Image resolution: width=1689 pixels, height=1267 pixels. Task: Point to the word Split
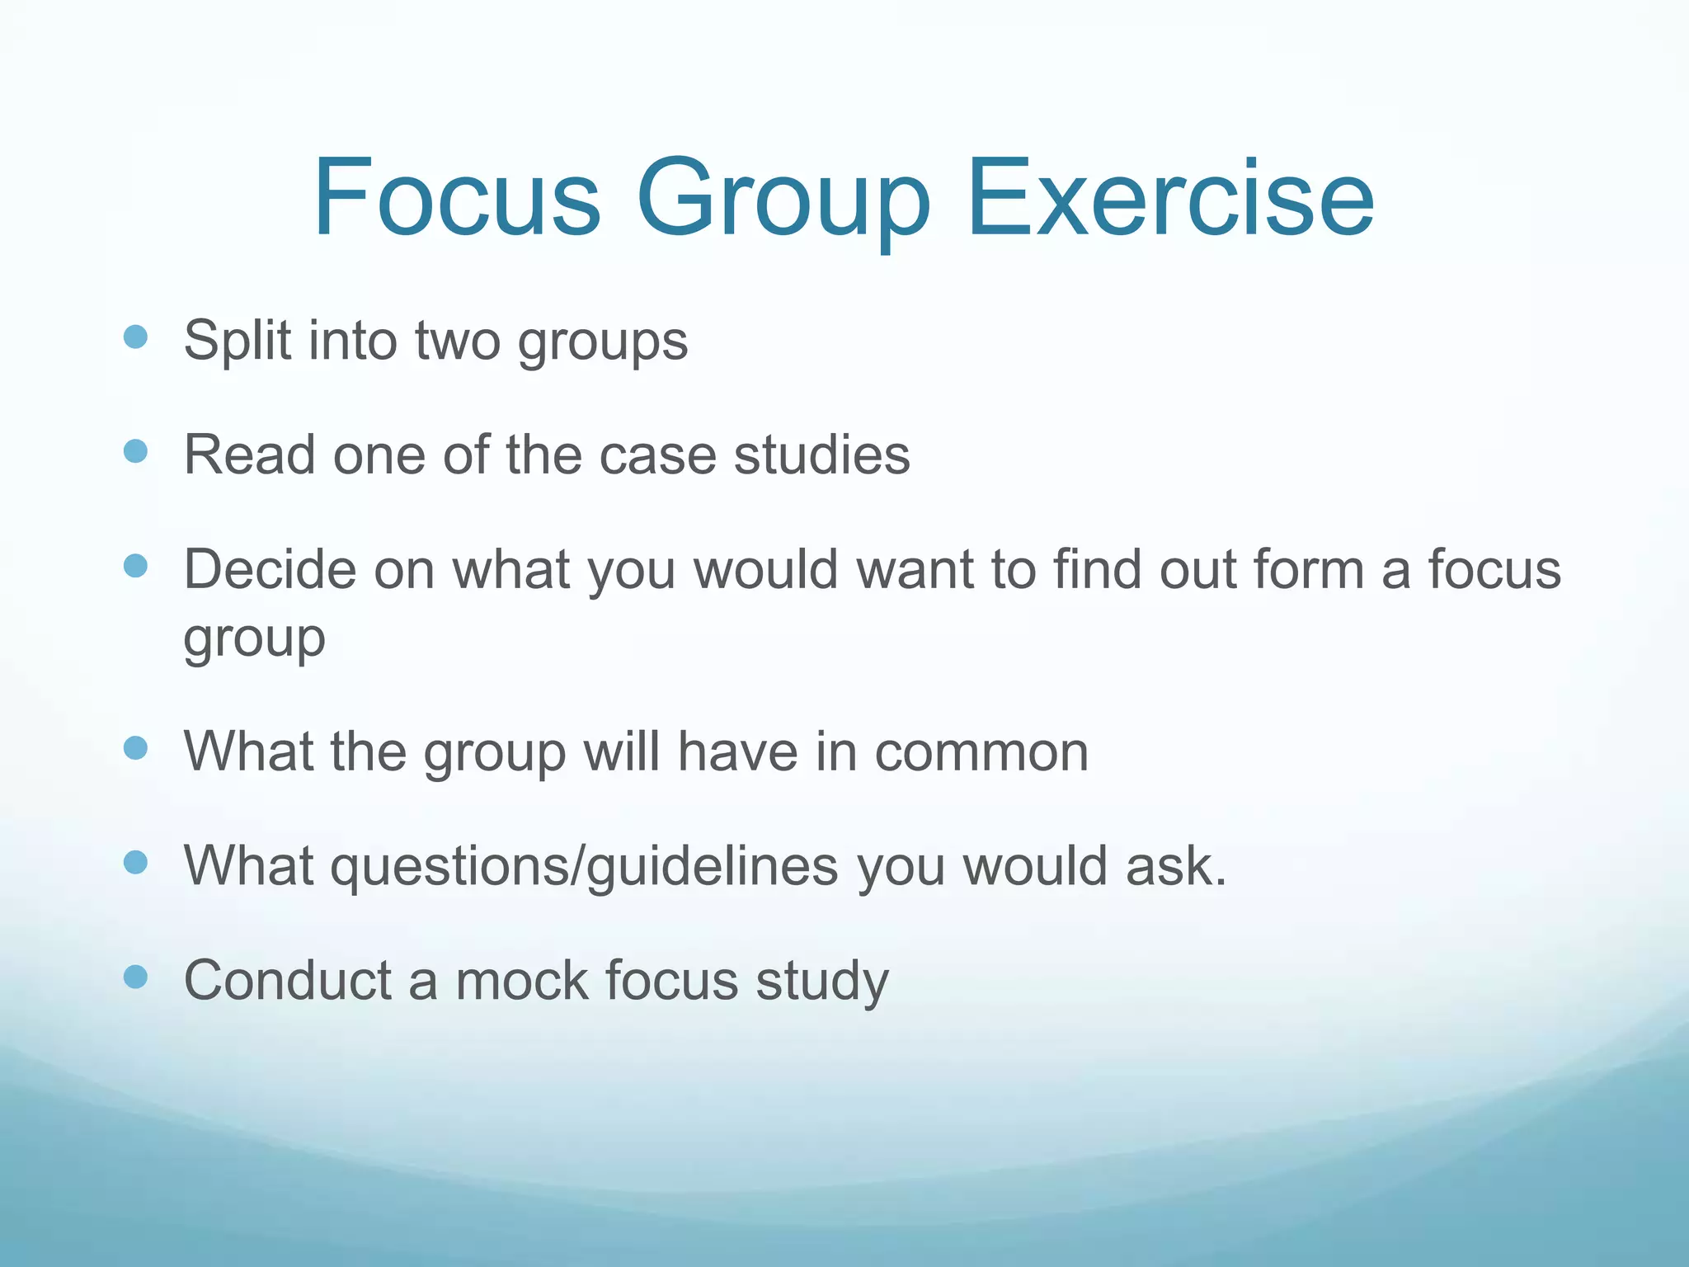click(238, 341)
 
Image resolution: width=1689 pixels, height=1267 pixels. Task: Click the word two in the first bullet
click(458, 341)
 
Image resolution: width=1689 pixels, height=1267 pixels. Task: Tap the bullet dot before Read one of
click(135, 451)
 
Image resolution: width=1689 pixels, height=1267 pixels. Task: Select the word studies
click(821, 455)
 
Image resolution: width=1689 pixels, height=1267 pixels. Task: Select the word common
click(981, 751)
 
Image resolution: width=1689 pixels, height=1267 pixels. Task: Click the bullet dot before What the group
click(135, 748)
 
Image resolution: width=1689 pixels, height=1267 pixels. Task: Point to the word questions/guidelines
click(585, 868)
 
